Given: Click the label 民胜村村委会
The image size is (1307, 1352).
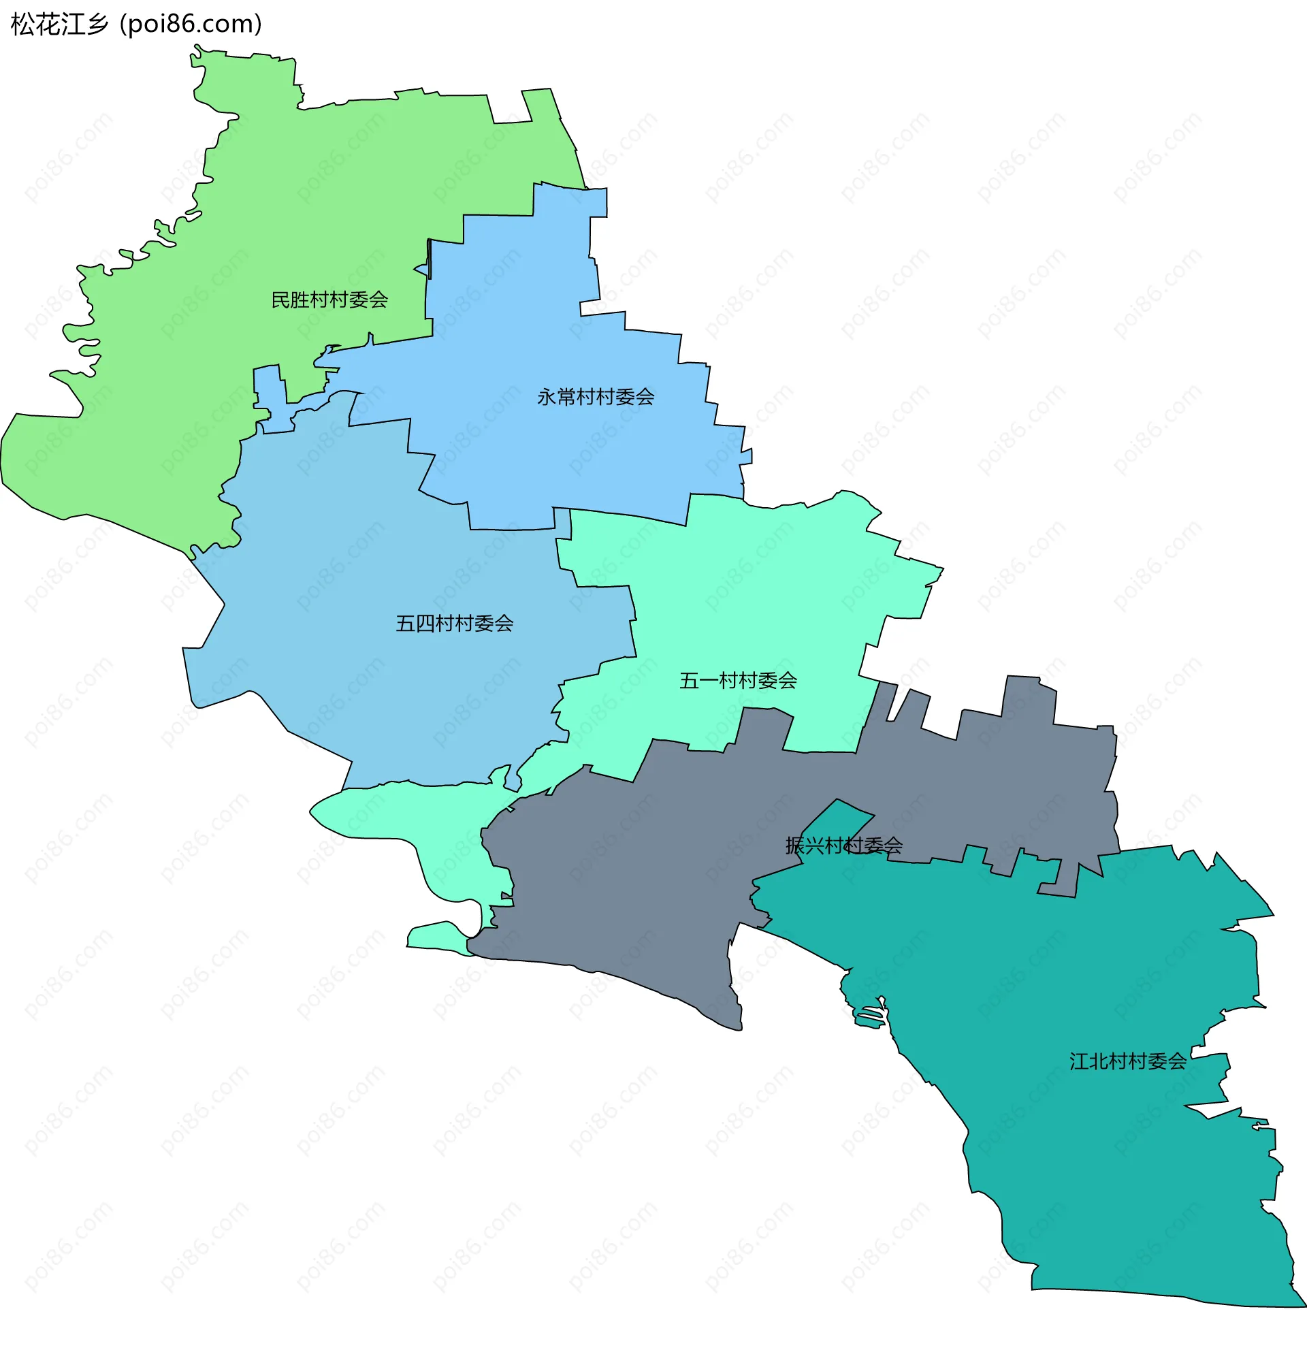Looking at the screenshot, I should pos(329,300).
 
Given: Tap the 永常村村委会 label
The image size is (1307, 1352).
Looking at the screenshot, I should pos(595,398).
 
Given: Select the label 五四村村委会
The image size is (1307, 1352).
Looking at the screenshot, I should pos(454,624).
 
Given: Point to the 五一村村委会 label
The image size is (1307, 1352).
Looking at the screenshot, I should pos(738,681).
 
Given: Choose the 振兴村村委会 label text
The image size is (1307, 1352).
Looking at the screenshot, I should pos(843,846).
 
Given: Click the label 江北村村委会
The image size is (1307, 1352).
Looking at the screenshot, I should pos(1128,1061).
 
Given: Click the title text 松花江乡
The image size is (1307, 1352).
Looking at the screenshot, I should pos(60,24).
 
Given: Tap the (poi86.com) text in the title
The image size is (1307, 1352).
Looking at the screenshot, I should pos(191,24).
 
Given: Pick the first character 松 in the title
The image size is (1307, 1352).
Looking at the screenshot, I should pos(22,24).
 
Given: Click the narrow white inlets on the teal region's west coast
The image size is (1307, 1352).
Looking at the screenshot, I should pos(869,1015).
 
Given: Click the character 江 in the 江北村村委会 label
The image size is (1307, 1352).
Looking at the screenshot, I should pos(1079,1061).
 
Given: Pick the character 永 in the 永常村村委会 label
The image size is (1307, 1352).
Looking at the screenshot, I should pos(546,398).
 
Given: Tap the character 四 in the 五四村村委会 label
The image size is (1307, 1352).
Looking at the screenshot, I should pos(425,624).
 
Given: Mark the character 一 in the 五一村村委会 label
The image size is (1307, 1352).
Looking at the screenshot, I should pos(709,681).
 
